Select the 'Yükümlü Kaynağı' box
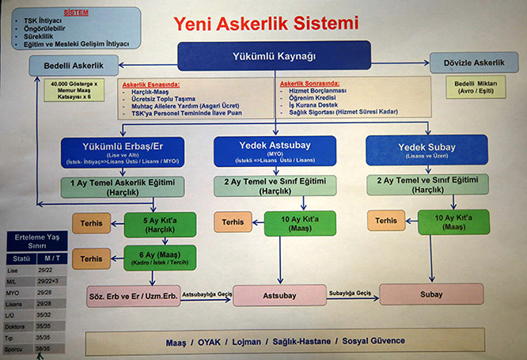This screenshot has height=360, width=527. (274, 56)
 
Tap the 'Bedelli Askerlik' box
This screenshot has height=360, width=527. (74, 64)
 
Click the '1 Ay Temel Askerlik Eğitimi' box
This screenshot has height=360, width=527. (123, 186)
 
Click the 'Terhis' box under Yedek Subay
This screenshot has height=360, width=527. (386, 221)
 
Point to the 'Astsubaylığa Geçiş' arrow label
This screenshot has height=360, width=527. (207, 292)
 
